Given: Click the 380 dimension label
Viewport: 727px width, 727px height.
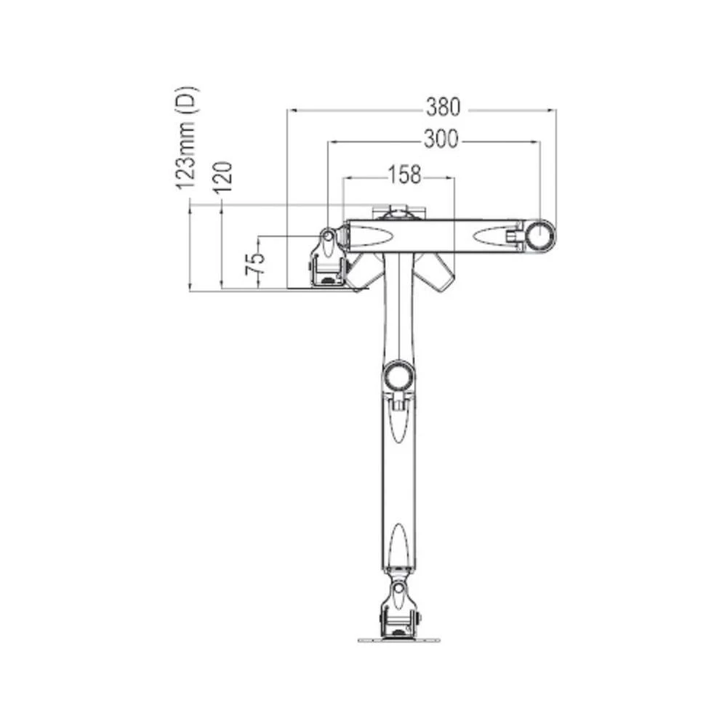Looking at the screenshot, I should click(443, 108).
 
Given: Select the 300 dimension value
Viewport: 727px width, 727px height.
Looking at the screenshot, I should click(441, 140).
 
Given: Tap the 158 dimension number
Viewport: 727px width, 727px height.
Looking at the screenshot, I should click(404, 174).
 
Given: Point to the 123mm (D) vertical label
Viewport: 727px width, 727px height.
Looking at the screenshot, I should click(187, 138).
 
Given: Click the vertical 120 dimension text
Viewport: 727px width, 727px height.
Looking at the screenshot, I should click(224, 177).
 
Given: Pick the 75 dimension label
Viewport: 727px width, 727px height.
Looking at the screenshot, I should click(254, 262).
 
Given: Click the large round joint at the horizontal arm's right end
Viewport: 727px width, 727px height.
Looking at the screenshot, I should click(540, 236).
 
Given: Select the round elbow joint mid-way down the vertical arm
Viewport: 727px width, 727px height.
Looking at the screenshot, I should click(398, 375).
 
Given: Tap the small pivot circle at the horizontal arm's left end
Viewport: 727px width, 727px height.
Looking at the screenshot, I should click(328, 236).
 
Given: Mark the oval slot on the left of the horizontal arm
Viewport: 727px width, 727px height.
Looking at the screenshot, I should click(375, 236).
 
